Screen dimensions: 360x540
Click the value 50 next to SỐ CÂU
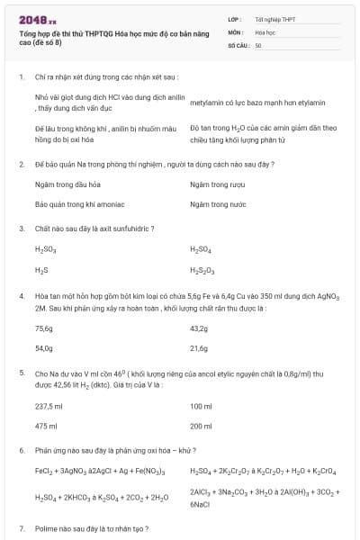pyautogui.click(x=258, y=44)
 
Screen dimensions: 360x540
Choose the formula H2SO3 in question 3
pyautogui.click(x=46, y=249)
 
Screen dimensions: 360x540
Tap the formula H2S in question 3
pyautogui.click(x=41, y=269)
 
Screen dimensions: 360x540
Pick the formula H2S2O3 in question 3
pyautogui.click(x=203, y=269)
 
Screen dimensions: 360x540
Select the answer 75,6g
pyautogui.click(x=44, y=328)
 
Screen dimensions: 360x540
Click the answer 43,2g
pyautogui.click(x=200, y=328)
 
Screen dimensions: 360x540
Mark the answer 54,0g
pyautogui.click(x=44, y=348)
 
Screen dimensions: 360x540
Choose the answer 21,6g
pyautogui.click(x=200, y=348)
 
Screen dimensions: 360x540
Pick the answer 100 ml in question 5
pyautogui.click(x=202, y=406)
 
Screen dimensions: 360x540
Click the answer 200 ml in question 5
pyautogui.click(x=202, y=426)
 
